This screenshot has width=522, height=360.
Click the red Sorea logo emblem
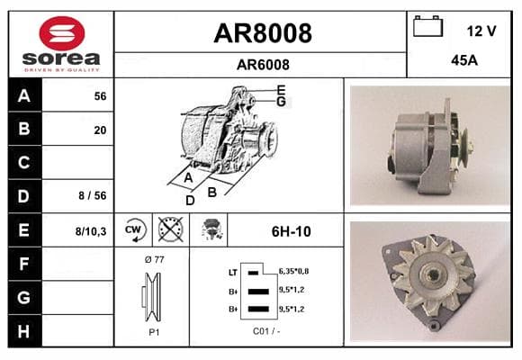(x=62, y=33)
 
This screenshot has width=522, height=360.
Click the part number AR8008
(x=263, y=33)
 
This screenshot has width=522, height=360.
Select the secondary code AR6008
(x=263, y=65)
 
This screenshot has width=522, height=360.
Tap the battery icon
(x=427, y=26)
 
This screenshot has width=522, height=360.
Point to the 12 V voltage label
(x=481, y=31)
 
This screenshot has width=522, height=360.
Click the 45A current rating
(x=464, y=60)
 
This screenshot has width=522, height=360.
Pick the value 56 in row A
(x=100, y=96)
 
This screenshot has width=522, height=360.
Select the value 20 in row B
(x=100, y=130)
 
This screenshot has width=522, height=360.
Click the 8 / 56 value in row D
(x=93, y=195)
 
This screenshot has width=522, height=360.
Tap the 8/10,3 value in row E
(x=91, y=231)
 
